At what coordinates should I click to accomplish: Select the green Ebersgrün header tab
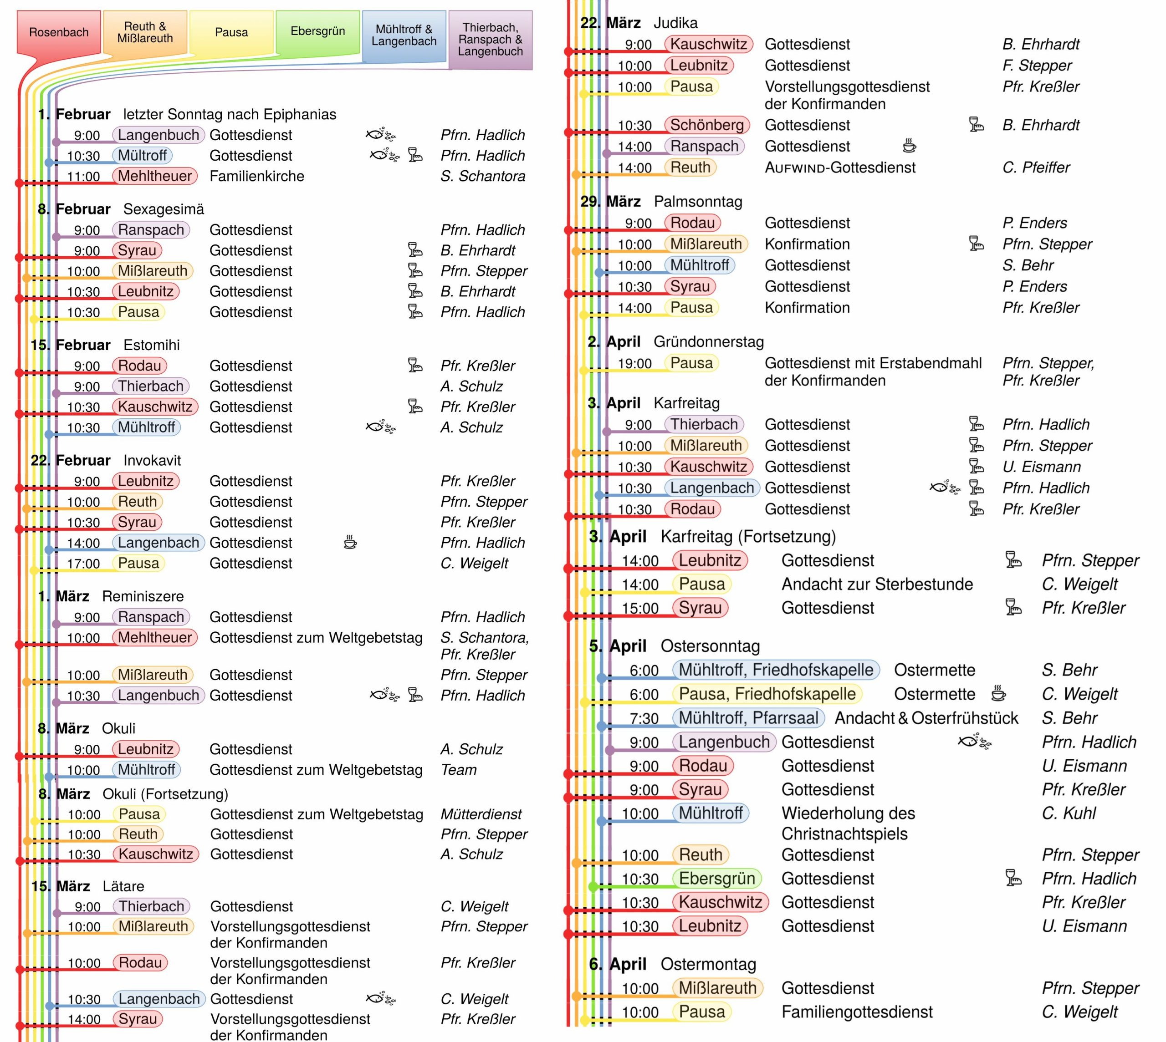pyautogui.click(x=317, y=31)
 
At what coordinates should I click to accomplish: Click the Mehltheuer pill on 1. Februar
pyautogui.click(x=154, y=176)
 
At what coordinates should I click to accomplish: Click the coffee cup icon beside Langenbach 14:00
pyautogui.click(x=350, y=542)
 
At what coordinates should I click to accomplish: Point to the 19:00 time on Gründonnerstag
pyautogui.click(x=634, y=364)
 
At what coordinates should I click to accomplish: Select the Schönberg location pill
pyautogui.click(x=707, y=125)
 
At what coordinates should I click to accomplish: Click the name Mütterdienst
pyautogui.click(x=481, y=814)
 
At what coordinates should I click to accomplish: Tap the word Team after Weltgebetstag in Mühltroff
pyautogui.click(x=458, y=770)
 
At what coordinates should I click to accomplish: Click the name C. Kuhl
pyautogui.click(x=1069, y=813)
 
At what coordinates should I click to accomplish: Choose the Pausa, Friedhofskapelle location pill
pyautogui.click(x=767, y=694)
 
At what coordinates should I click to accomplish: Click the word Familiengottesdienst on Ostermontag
pyautogui.click(x=857, y=1012)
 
